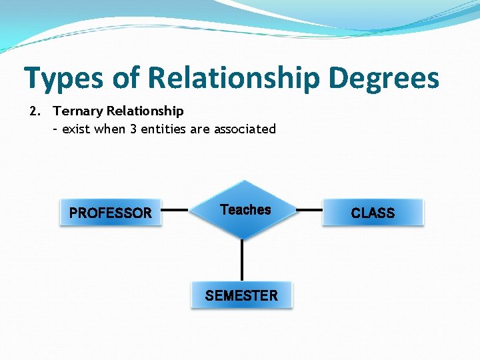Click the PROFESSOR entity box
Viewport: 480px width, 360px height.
(x=111, y=213)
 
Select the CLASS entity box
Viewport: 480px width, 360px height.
(x=373, y=213)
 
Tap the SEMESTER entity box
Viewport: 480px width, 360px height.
(x=241, y=295)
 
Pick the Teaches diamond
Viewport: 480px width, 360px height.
(x=245, y=209)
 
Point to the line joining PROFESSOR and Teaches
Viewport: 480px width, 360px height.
(x=175, y=210)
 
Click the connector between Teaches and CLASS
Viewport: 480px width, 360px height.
(x=309, y=210)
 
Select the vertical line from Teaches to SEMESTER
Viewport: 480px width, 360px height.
(x=242, y=260)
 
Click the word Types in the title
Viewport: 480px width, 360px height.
(x=64, y=77)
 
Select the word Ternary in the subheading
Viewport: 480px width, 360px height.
(x=78, y=111)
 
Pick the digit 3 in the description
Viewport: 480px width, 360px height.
(x=133, y=129)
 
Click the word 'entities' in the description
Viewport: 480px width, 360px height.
(x=164, y=129)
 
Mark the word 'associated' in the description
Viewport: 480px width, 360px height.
(x=245, y=129)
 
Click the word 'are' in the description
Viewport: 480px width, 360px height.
(x=200, y=129)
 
